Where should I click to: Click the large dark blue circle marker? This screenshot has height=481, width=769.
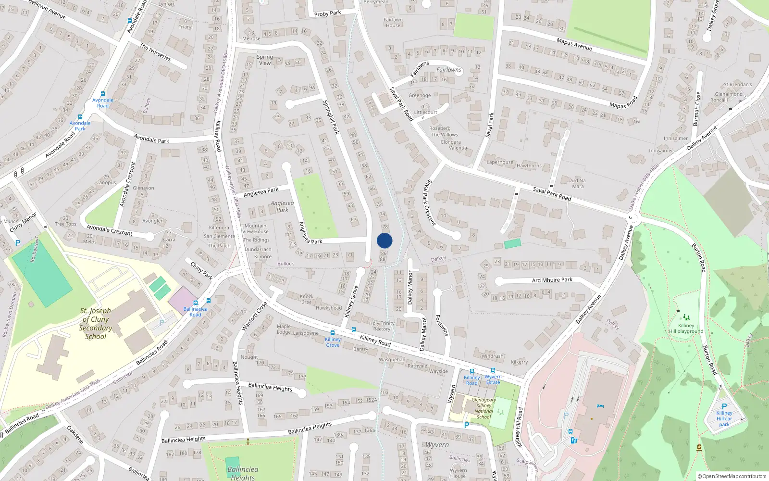[x=384, y=240]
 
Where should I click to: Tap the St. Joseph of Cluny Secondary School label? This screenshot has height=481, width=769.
[x=96, y=323]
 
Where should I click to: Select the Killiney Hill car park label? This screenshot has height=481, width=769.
[x=724, y=418]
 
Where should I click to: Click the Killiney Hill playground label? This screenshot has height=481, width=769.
[x=686, y=329]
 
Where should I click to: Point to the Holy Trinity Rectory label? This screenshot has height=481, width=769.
[x=382, y=326]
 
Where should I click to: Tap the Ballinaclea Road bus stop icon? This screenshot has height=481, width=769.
[x=195, y=303]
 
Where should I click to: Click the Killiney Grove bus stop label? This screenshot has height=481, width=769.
[x=333, y=342]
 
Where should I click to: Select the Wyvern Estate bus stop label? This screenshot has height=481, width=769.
[x=493, y=380]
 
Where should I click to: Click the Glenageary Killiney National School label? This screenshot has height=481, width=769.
[x=484, y=408]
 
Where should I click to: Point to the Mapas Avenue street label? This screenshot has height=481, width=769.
[x=574, y=44]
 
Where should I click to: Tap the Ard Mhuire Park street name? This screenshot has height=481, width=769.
[x=552, y=279]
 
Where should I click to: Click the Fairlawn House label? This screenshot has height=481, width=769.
[x=393, y=23]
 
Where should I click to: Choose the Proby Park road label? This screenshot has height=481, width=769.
[x=327, y=13]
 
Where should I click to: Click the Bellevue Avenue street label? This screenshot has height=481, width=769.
[x=47, y=10]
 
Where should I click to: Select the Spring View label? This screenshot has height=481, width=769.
[x=265, y=60]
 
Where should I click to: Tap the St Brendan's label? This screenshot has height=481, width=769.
[x=738, y=84]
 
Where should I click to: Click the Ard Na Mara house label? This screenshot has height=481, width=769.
[x=578, y=183]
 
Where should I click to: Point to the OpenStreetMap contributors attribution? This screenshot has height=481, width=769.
[x=732, y=476]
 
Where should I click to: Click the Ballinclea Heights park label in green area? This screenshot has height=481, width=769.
[x=243, y=473]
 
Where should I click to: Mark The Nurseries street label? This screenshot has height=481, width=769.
[x=155, y=52]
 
